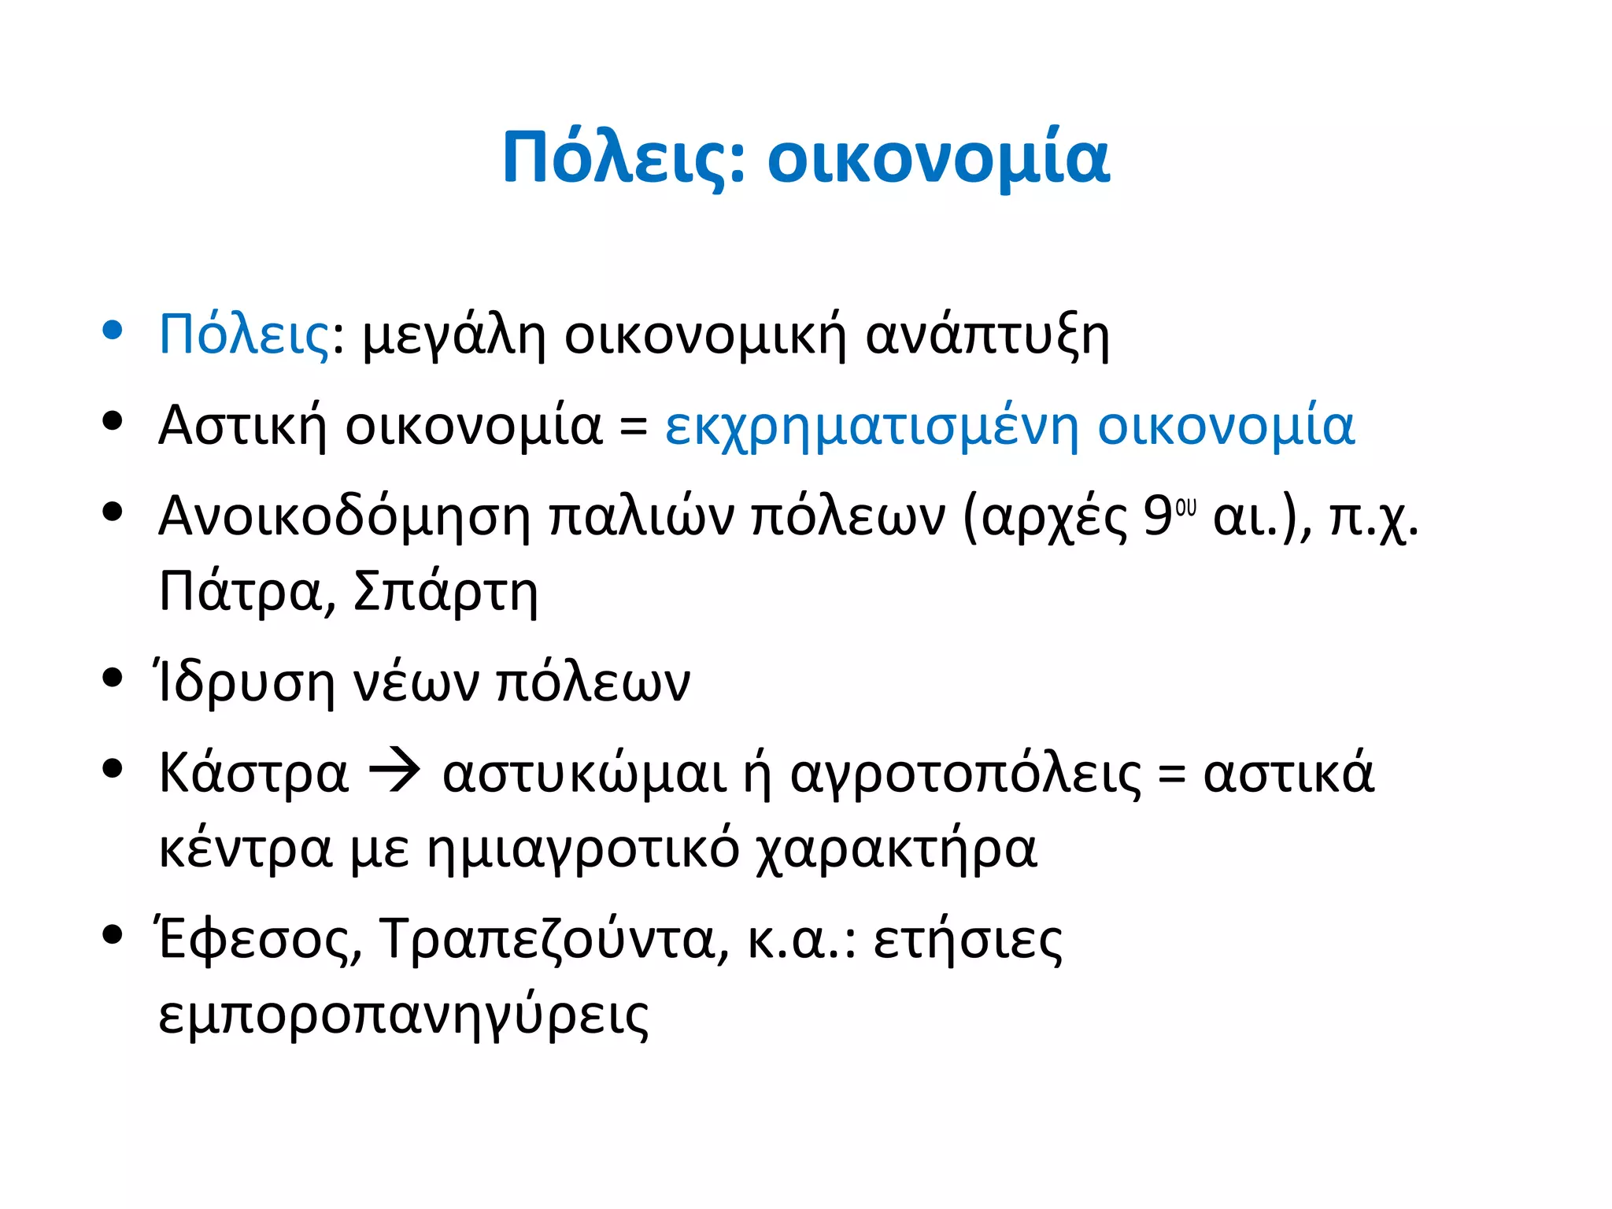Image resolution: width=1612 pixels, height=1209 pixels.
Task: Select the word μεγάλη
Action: pyautogui.click(x=453, y=338)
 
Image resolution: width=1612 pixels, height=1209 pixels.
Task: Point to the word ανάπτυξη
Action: pyautogui.click(x=987, y=338)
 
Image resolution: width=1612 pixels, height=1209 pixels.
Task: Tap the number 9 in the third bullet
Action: pyautogui.click(x=1157, y=517)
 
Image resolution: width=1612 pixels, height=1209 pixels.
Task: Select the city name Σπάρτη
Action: pyautogui.click(x=446, y=592)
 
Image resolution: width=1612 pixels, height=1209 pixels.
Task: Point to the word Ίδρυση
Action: pyautogui.click(x=245, y=683)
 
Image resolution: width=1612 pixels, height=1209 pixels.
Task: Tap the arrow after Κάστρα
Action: pyautogui.click(x=395, y=772)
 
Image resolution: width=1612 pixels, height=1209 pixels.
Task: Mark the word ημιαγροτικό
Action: pyautogui.click(x=582, y=851)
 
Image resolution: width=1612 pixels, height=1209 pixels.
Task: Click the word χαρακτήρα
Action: pyautogui.click(x=897, y=851)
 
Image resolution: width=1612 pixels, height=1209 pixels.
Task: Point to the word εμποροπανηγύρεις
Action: pyautogui.click(x=404, y=1017)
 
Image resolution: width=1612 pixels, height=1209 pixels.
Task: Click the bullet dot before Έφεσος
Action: pyautogui.click(x=113, y=934)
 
